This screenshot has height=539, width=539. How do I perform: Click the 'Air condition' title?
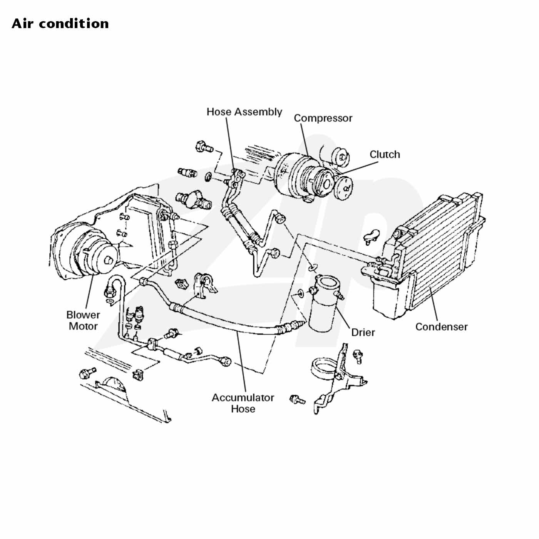pyautogui.click(x=60, y=23)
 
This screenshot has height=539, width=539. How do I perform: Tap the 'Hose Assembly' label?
pyautogui.click(x=244, y=112)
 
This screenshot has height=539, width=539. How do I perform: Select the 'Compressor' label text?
pyautogui.click(x=323, y=118)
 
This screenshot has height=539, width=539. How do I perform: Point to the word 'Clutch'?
pyautogui.click(x=385, y=154)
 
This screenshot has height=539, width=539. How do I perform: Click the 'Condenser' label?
pyautogui.click(x=441, y=327)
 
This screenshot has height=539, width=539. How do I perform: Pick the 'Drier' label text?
pyautogui.click(x=363, y=332)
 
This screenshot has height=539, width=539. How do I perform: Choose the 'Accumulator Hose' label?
pyautogui.click(x=243, y=403)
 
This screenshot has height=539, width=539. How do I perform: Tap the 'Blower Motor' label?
pyautogui.click(x=83, y=320)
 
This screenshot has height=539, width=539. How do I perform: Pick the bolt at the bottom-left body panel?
pyautogui.click(x=87, y=373)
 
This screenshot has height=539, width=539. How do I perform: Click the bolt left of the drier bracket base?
pyautogui.click(x=297, y=399)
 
